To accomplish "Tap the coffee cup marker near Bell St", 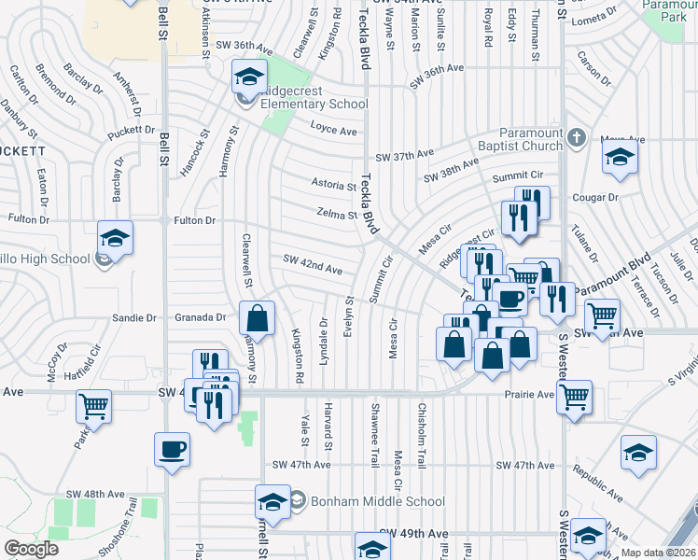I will (172, 449).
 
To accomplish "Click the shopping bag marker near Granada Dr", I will (257, 318).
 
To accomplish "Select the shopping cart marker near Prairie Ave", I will (574, 397).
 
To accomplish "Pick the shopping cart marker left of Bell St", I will (94, 406).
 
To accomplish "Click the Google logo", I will (32, 549).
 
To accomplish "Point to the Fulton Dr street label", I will (195, 220).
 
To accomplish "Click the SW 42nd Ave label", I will (308, 269).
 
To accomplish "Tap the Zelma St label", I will (337, 214).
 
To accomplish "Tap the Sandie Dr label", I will (134, 318).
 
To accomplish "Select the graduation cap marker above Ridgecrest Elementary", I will (249, 76).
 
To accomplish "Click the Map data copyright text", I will (659, 553).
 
